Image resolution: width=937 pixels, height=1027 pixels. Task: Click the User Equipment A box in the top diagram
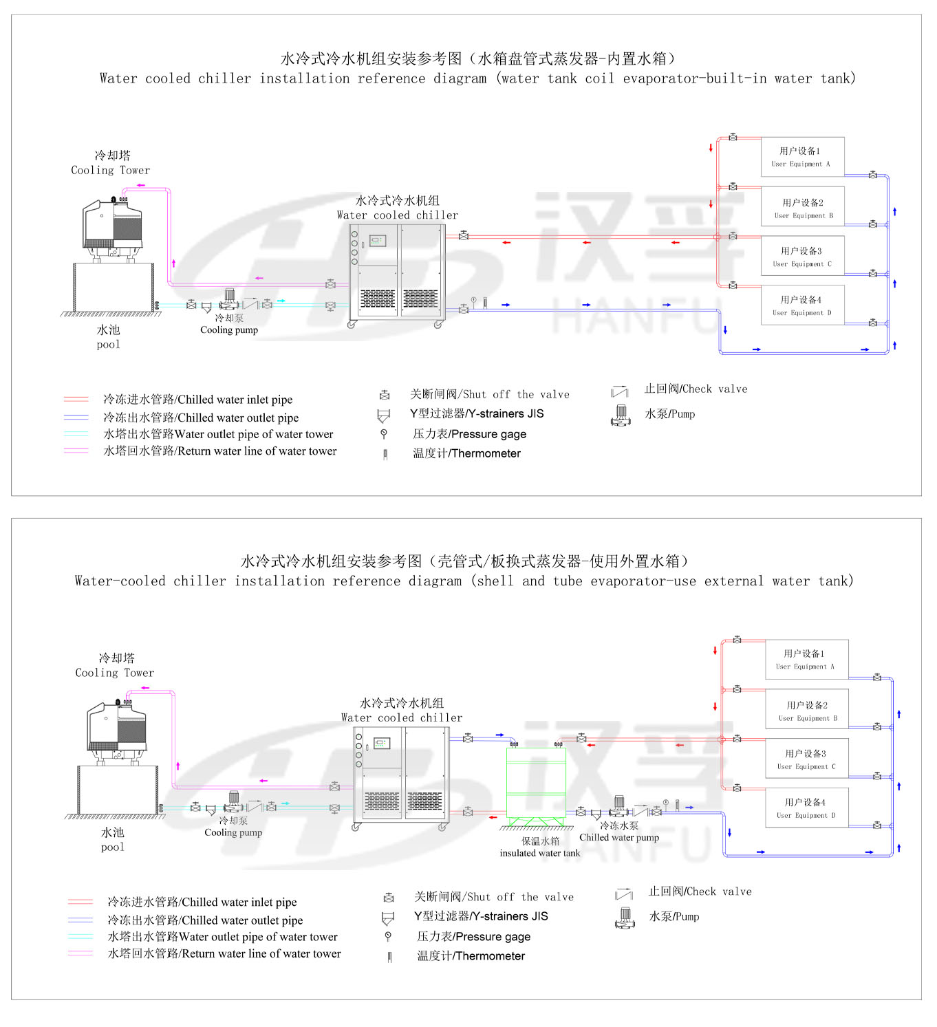[802, 157]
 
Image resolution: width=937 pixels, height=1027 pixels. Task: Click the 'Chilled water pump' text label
[618, 837]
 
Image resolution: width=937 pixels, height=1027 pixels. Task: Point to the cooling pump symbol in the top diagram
[229, 300]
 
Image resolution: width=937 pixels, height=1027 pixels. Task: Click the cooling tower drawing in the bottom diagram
[116, 729]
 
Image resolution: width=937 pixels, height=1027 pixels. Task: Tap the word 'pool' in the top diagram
[108, 344]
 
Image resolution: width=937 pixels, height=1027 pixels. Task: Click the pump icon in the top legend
[621, 415]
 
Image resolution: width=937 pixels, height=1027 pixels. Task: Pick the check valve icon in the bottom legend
[623, 894]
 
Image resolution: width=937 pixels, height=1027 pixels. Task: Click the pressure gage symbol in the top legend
[384, 434]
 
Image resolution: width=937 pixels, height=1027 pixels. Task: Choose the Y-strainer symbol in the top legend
[383, 415]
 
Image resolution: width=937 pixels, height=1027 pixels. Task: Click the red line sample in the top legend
[76, 399]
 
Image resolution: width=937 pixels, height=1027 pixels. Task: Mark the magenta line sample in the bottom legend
[80, 953]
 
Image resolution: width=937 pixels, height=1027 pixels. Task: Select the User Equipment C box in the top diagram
[802, 256]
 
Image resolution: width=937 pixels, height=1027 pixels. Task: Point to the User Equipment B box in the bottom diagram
[806, 710]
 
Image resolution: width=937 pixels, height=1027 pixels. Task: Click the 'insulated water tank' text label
[539, 853]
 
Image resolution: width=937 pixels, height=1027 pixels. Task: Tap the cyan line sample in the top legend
[76, 434]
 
